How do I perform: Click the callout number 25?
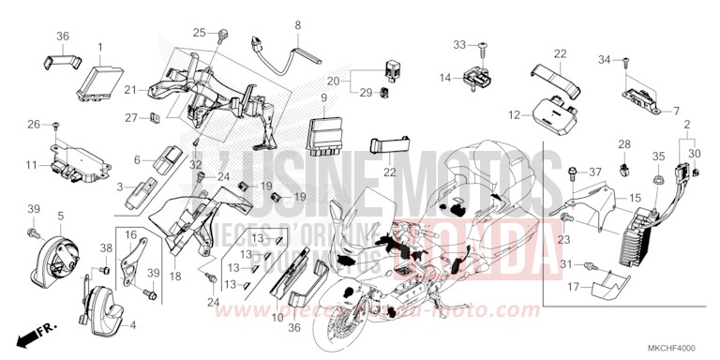[198, 33]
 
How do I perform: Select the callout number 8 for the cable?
[297, 23]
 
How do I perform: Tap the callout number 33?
[460, 44]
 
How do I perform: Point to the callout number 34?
[604, 60]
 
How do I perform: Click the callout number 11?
[31, 165]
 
